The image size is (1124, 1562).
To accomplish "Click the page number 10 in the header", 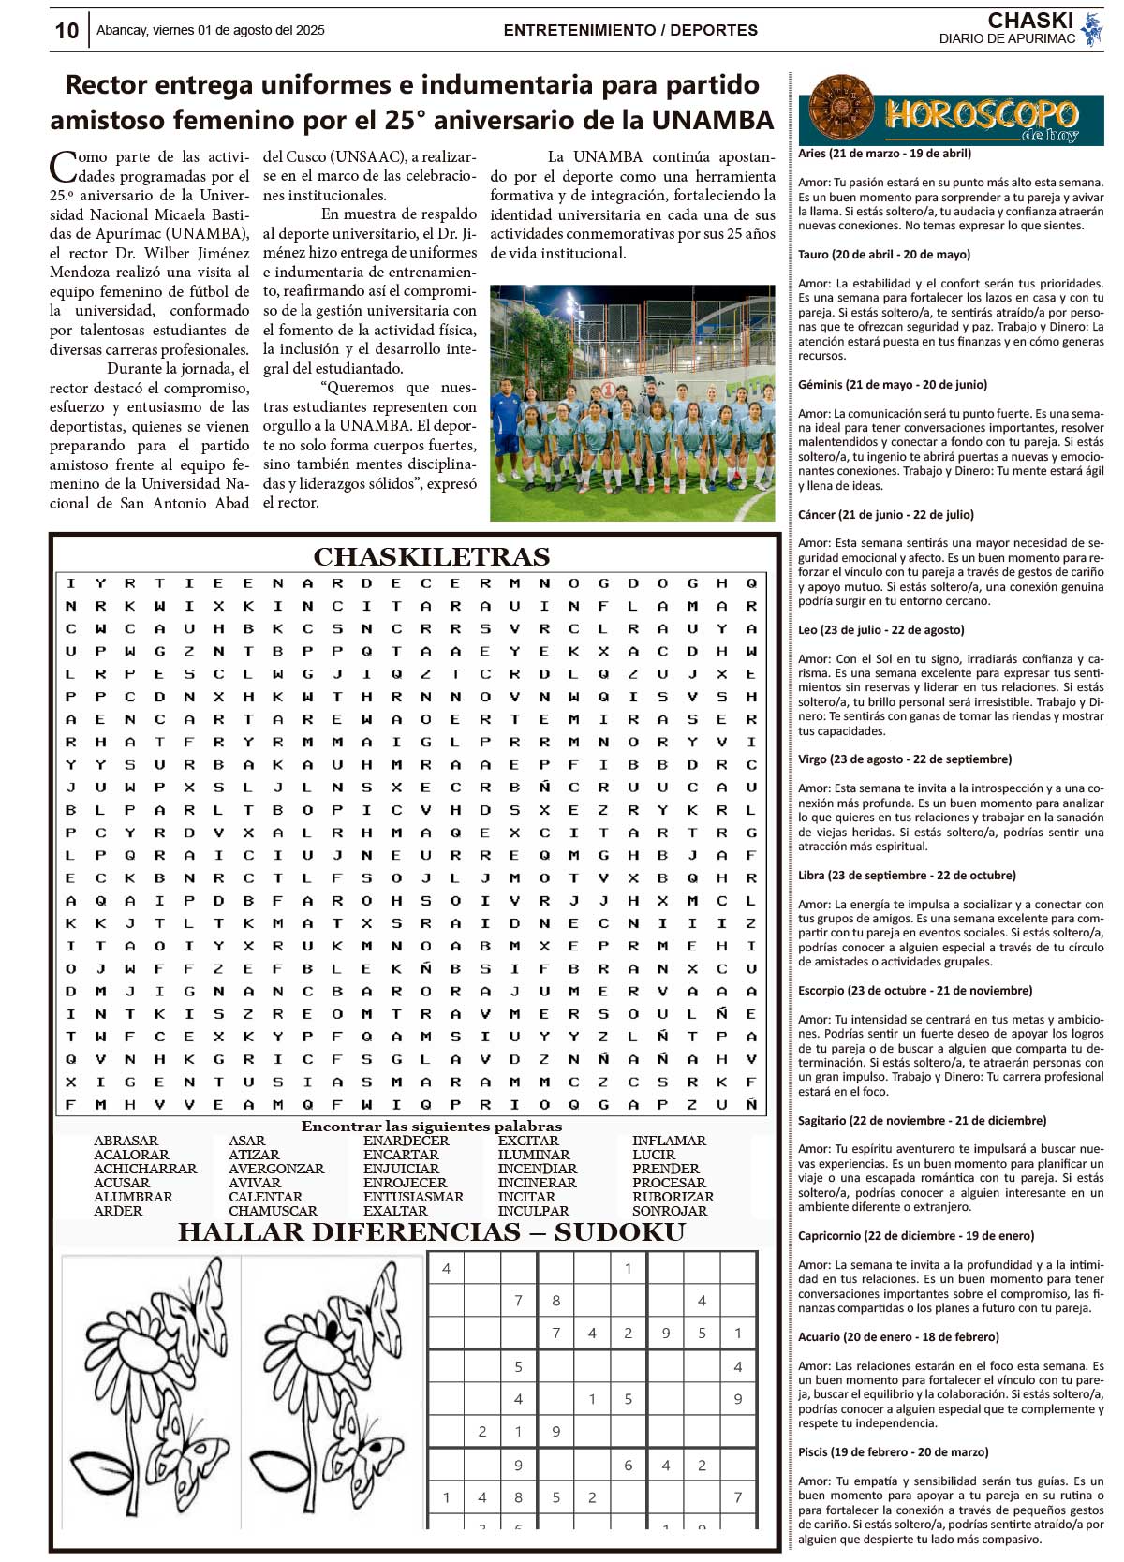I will (67, 31).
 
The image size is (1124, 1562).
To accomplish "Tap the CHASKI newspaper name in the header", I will (1029, 21).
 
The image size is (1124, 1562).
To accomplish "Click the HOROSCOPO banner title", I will (981, 115).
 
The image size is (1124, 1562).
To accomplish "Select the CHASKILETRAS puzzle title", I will (431, 557).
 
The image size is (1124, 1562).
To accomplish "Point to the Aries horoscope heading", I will (884, 154).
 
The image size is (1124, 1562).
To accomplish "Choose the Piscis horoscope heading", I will (893, 1452).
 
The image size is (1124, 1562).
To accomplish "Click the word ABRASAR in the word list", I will (126, 1141).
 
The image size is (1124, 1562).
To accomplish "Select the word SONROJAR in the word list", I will (669, 1211).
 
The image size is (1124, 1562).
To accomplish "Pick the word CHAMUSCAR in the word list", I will (273, 1211).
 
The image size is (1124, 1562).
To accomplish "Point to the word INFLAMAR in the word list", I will (669, 1141).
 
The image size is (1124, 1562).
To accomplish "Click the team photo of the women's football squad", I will (632, 403).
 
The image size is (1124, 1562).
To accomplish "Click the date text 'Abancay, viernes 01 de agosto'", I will (210, 31).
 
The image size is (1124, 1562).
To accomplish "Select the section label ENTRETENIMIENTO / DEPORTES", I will (630, 31).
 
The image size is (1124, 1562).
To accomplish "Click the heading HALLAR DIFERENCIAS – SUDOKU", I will (431, 1232).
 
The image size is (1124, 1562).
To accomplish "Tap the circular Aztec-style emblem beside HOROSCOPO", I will (840, 109).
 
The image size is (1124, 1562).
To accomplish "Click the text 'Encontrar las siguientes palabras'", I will (431, 1127).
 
